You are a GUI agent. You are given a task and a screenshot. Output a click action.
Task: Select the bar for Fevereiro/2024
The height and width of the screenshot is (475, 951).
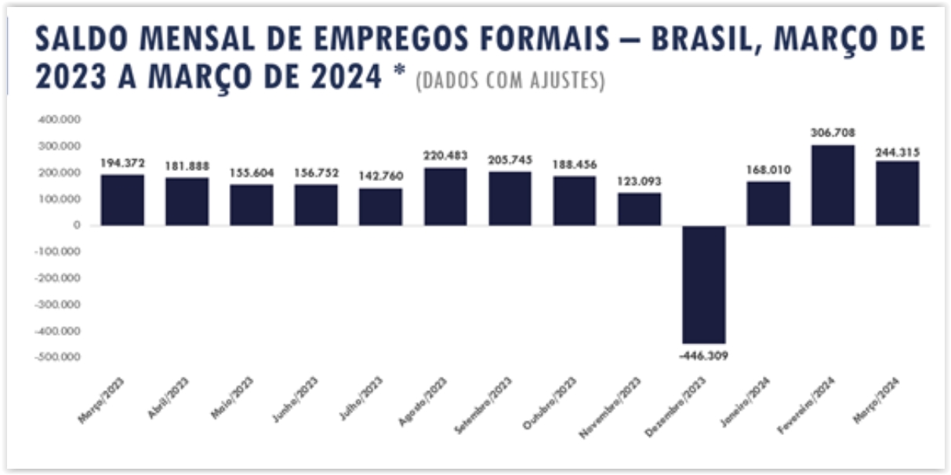pos(833,185)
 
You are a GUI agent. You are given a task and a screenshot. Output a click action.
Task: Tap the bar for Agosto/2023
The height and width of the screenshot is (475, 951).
pos(445,197)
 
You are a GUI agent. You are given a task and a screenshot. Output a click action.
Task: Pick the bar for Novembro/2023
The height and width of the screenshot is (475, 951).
pos(639,209)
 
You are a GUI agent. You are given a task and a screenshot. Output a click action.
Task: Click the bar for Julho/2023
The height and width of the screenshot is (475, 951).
pos(380,207)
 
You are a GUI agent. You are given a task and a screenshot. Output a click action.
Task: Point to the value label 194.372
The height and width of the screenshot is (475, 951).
pos(122,162)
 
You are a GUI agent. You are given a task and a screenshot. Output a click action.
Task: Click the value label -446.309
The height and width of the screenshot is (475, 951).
pos(702,356)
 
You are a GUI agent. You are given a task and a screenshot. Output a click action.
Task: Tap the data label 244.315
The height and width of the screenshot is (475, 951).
pos(898,152)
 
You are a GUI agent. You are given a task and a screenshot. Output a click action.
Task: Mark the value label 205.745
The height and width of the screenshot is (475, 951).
pos(510,160)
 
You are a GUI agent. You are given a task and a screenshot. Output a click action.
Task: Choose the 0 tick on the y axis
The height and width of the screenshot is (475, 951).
pos(77,226)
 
